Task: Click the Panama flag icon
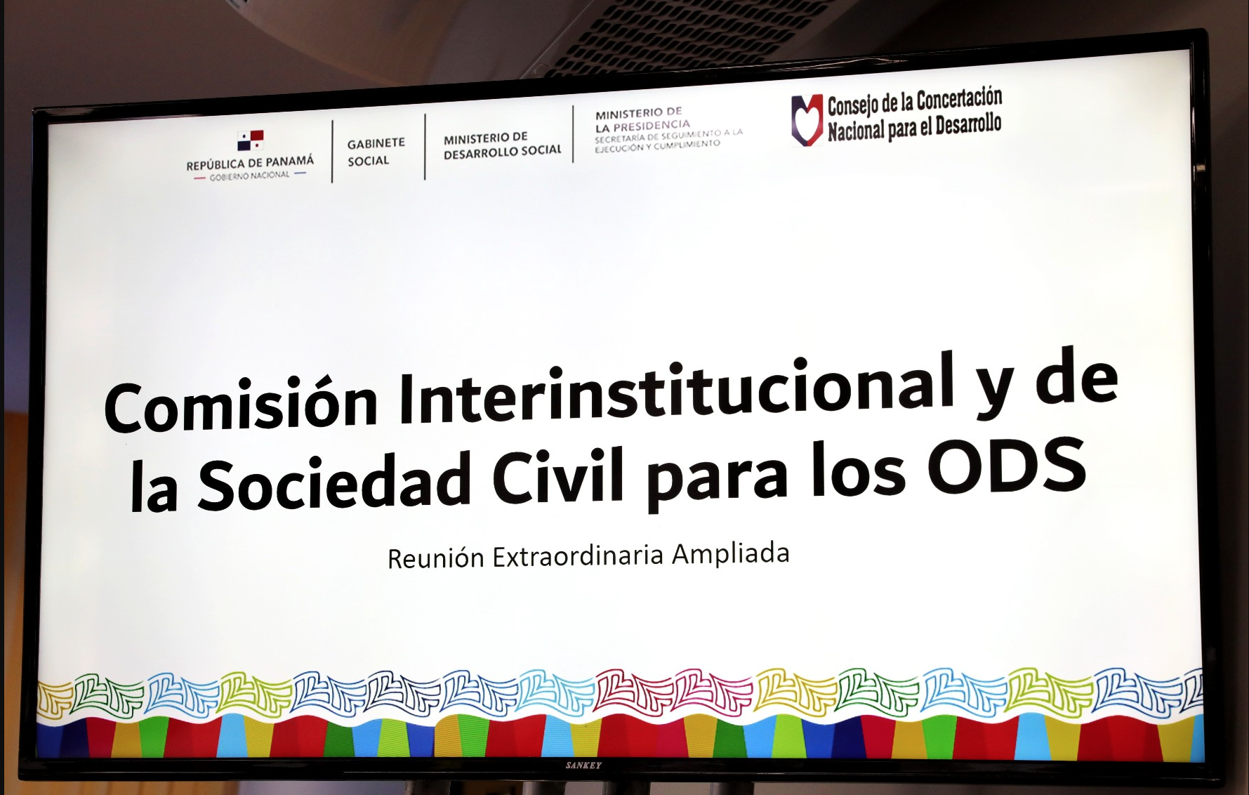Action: click(x=250, y=140)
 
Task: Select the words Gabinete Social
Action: click(x=376, y=152)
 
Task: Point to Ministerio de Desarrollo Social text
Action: click(x=503, y=145)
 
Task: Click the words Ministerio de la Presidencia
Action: click(x=642, y=119)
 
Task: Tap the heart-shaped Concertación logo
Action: click(x=807, y=120)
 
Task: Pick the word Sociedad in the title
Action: click(x=334, y=481)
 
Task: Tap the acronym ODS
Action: click(x=1007, y=466)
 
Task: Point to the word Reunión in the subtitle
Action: click(x=436, y=558)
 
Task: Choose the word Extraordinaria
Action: click(x=578, y=556)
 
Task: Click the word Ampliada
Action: click(x=731, y=554)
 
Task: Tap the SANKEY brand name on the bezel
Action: click(x=583, y=766)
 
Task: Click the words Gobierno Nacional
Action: click(x=249, y=176)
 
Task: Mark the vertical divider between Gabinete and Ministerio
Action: click(x=425, y=147)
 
